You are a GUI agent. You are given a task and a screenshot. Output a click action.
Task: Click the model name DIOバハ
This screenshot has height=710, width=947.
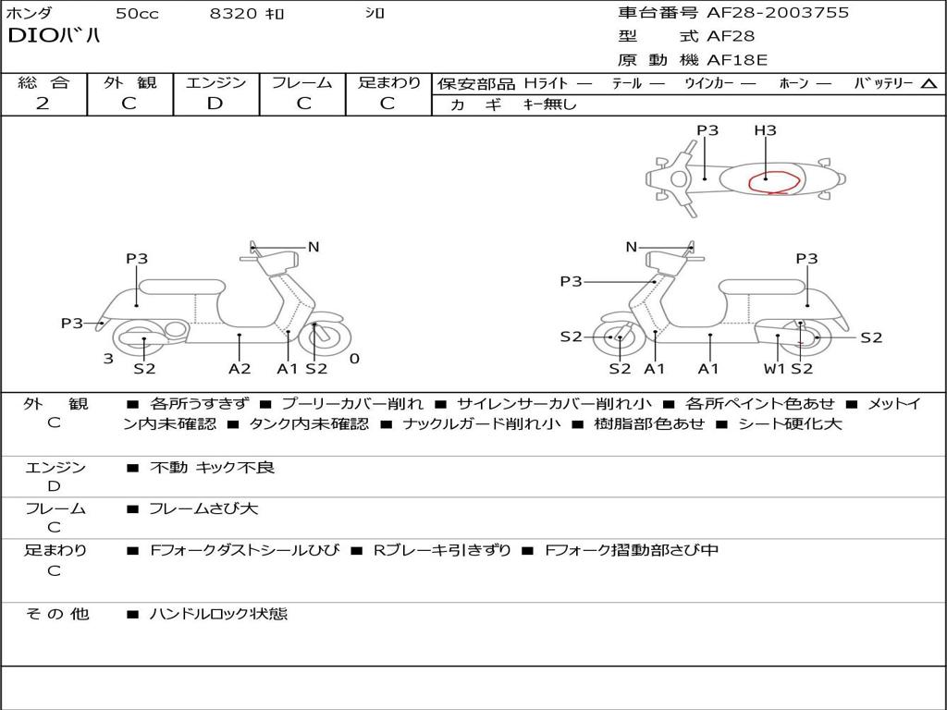coord(54,37)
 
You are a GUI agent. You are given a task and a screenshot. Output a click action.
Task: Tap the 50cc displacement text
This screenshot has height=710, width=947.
coord(136,14)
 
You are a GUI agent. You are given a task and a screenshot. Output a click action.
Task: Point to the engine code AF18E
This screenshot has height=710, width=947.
coord(737,60)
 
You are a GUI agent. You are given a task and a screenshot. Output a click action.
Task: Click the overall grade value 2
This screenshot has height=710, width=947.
coord(43,104)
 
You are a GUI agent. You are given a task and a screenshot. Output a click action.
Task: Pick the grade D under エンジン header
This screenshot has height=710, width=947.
coord(215,104)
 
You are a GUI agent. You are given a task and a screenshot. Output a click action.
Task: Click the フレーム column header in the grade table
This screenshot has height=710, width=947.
coord(301,82)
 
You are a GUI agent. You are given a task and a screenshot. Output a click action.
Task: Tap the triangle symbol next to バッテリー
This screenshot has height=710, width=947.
coord(929,84)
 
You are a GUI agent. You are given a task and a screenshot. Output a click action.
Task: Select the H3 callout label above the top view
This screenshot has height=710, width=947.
coord(765,130)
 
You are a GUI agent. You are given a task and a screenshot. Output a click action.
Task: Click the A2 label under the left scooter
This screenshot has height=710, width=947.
coord(240,369)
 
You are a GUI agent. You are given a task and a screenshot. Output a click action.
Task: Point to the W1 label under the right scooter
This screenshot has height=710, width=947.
coord(774,369)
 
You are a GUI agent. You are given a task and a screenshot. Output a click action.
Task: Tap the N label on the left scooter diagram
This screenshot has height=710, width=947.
coord(314,247)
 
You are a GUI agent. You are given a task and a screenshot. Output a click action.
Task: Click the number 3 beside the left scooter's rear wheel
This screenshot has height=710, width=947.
coord(108,359)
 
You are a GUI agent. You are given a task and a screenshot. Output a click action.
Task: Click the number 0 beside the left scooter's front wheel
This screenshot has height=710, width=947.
coord(354,359)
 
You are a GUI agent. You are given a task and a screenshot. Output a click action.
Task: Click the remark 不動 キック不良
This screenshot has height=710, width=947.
coord(212,468)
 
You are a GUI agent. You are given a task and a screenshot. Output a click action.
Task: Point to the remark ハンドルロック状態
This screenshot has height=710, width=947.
coord(218,613)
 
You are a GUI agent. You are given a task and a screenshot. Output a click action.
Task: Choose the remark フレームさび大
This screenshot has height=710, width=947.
coord(203,508)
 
